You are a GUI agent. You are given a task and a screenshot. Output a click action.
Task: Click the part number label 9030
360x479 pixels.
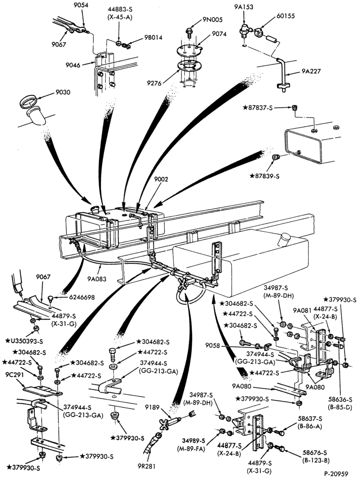coord(63,92)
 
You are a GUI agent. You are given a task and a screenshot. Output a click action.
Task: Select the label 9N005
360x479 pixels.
coord(213,20)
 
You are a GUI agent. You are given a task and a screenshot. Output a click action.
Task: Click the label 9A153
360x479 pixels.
coord(244,7)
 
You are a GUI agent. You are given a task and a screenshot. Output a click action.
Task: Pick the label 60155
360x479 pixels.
coord(285,16)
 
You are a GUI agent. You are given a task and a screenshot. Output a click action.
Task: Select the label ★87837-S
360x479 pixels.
coord(258,107)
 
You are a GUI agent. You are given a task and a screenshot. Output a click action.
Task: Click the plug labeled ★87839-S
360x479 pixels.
coord(276,157)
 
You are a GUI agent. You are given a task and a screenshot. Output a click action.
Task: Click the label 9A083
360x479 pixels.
coord(97,279)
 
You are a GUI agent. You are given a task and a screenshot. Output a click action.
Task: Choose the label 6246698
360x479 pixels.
coord(81,297)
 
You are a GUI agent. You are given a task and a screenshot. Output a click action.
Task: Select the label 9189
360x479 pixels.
coord(152,407)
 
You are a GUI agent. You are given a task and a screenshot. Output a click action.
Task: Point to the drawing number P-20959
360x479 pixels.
coord(336,474)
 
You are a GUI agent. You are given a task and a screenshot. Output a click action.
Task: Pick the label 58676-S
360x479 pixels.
coord(315,453)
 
